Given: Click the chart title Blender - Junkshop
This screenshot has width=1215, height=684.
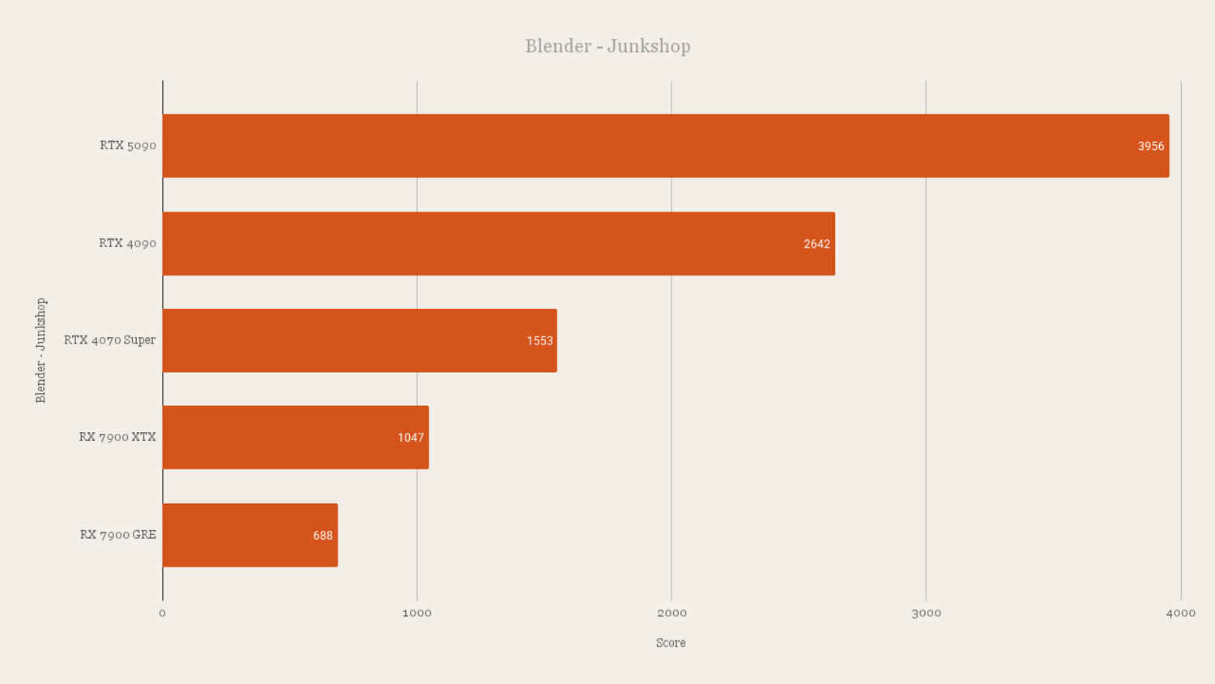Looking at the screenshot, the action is click(607, 46).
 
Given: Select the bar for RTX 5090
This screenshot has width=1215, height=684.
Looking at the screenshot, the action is click(666, 146).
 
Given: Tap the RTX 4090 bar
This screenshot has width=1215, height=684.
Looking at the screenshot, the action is click(498, 244).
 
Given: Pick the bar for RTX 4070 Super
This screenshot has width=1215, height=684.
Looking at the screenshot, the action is click(360, 340).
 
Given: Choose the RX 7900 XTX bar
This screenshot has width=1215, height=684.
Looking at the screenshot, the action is click(296, 438).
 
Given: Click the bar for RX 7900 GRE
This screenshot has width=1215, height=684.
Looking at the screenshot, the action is click(250, 535).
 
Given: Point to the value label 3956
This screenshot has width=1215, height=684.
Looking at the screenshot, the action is click(1151, 146).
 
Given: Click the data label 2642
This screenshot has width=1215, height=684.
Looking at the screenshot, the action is click(816, 244).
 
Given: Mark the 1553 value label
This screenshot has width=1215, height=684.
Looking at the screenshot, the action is click(539, 341).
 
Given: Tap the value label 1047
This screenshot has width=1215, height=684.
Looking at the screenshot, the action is click(411, 438).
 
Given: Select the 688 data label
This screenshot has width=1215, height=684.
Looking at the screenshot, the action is click(322, 536).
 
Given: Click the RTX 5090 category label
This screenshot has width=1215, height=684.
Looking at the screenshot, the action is click(128, 146).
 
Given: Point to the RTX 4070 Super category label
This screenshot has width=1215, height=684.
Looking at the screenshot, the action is click(109, 340).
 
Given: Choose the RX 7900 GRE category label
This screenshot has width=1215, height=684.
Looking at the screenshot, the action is click(117, 535).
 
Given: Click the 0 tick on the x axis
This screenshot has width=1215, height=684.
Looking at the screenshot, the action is click(162, 613).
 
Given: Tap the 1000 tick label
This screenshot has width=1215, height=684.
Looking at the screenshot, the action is click(416, 613).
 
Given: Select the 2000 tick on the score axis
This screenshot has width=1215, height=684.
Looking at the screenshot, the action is click(671, 613).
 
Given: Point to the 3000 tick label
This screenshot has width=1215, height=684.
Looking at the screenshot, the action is click(926, 613).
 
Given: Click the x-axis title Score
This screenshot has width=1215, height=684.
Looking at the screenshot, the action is click(671, 643).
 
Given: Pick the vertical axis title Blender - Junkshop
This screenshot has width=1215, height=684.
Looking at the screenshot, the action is click(40, 350).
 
